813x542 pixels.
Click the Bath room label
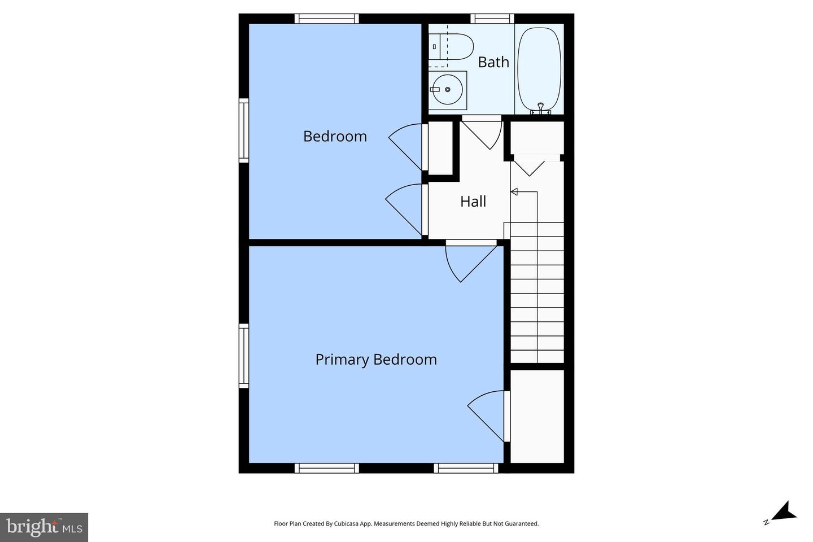point(493,62)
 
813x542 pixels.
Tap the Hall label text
point(473,202)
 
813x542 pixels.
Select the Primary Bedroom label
point(375,360)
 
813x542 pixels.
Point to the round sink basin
point(447,90)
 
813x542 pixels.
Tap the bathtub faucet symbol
point(540,108)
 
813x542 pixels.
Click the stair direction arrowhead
point(514,192)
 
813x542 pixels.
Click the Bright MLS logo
point(44,527)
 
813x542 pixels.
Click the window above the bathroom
point(492,19)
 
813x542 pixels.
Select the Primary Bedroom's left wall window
point(244,355)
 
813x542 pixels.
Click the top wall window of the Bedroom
point(326,19)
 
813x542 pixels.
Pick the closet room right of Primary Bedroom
point(537,416)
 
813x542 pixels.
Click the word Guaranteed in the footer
point(521,524)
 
